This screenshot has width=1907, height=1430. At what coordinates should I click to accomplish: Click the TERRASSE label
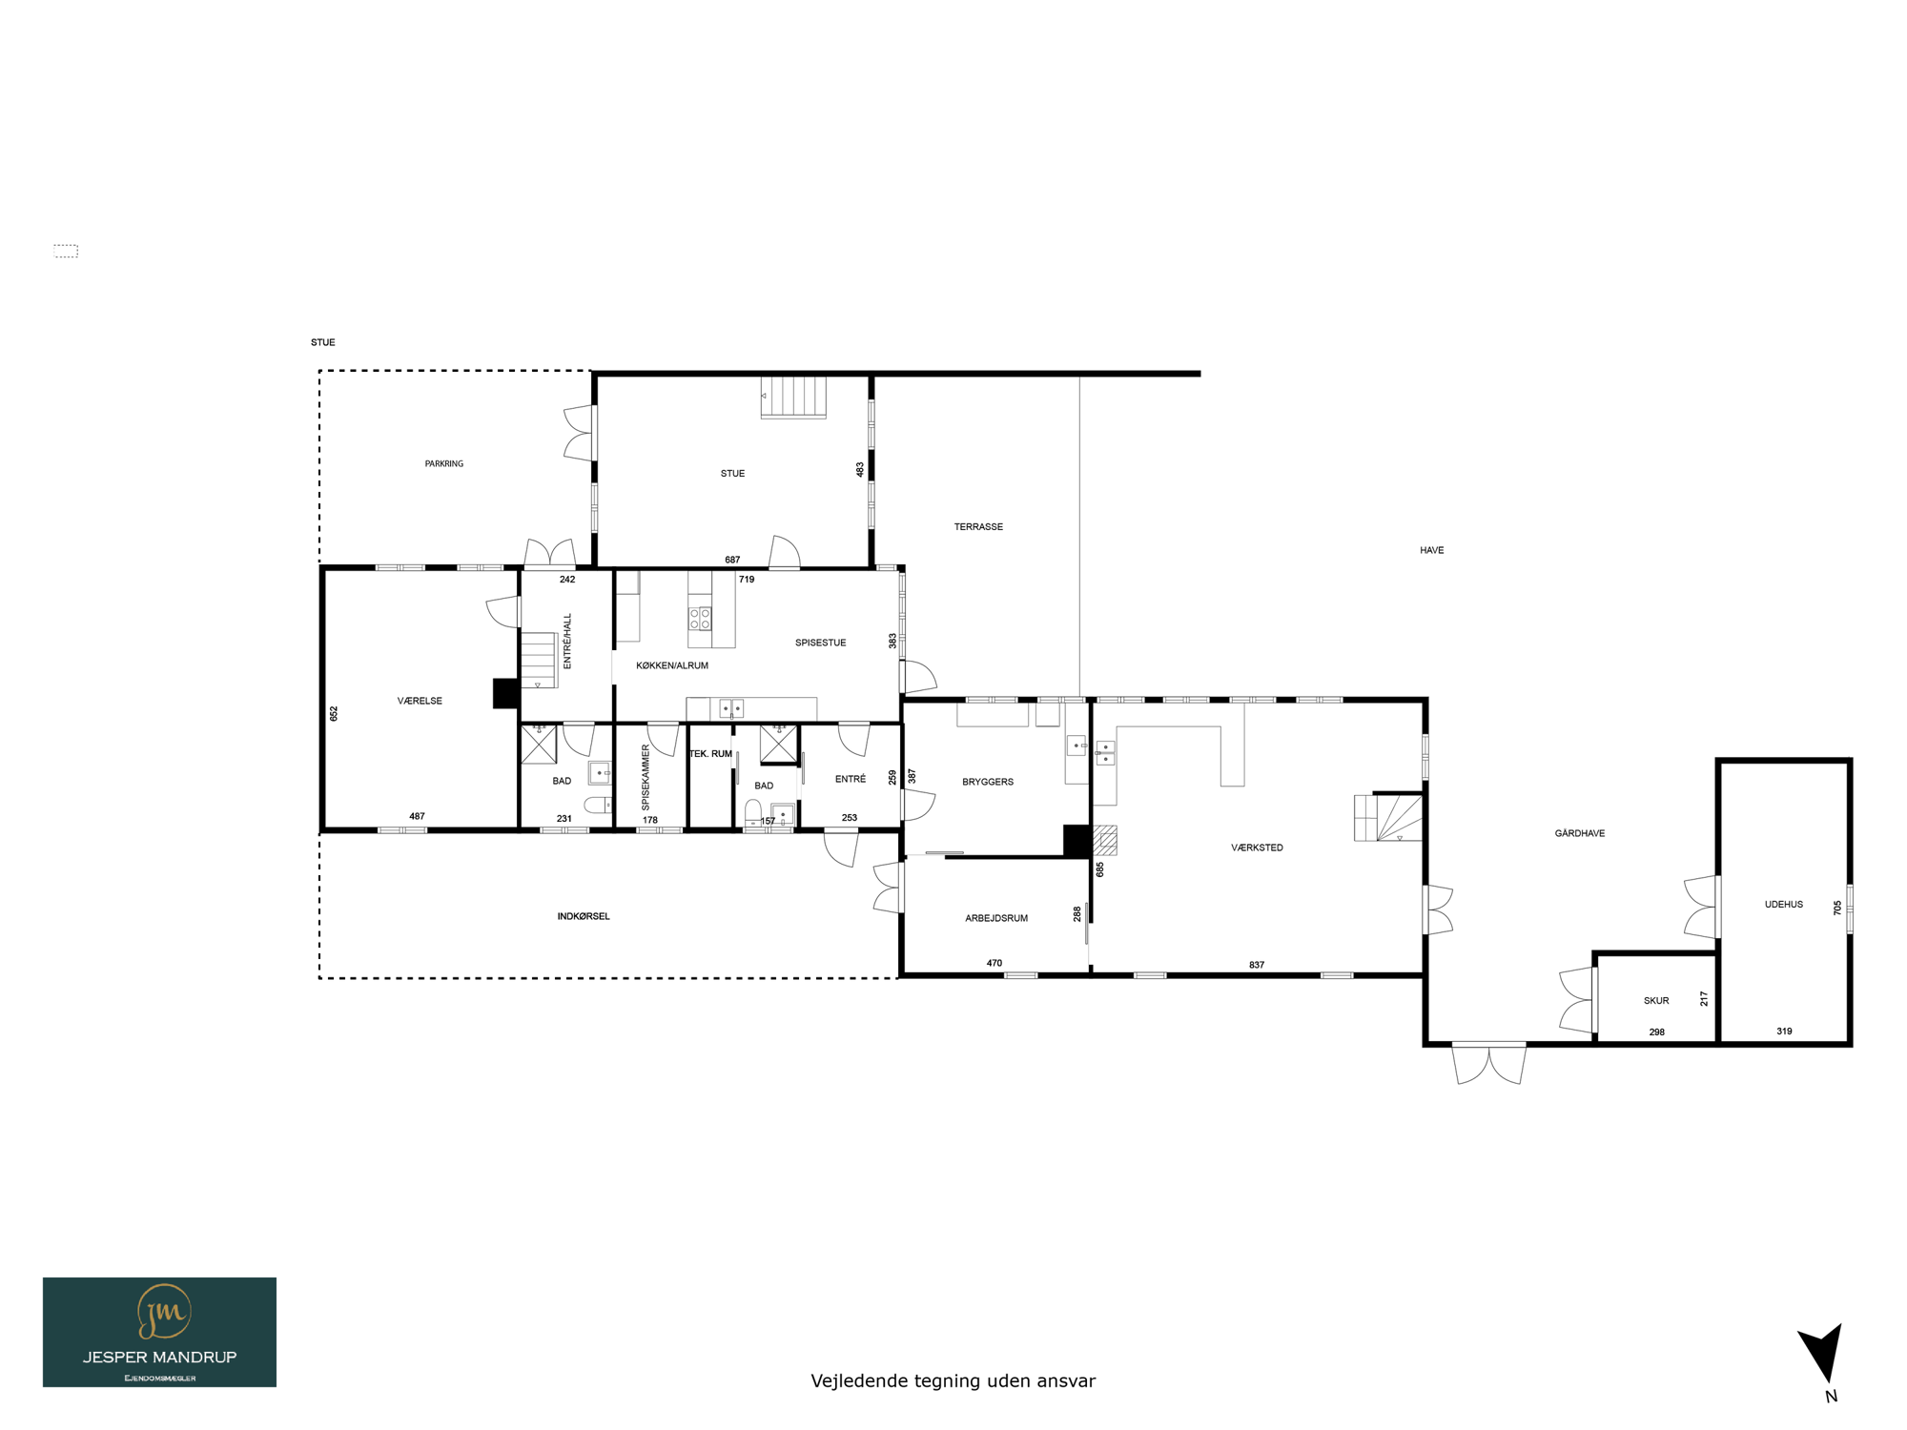pyautogui.click(x=978, y=527)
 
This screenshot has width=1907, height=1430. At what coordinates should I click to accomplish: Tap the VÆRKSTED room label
pyautogui.click(x=1257, y=848)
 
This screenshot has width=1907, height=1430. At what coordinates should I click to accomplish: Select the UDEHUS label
pyautogui.click(x=1783, y=905)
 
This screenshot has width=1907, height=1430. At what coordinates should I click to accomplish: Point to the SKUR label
pyautogui.click(x=1656, y=1001)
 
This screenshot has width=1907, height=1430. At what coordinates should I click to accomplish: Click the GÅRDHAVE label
pyautogui.click(x=1580, y=833)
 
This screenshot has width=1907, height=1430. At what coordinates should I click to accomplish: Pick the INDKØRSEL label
pyautogui.click(x=584, y=917)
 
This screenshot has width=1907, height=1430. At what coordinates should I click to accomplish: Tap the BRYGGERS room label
pyautogui.click(x=988, y=782)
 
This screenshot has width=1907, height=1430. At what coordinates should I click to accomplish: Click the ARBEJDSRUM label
pyautogui.click(x=996, y=919)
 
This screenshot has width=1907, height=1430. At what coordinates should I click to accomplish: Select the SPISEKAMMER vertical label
pyautogui.click(x=646, y=778)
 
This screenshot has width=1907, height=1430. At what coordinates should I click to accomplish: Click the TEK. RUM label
pyautogui.click(x=710, y=754)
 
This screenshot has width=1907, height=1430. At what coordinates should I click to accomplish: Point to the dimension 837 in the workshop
pyautogui.click(x=1257, y=966)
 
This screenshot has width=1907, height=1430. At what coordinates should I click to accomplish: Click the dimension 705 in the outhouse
pyautogui.click(x=1837, y=909)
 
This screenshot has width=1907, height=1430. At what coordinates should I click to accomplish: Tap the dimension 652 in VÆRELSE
pyautogui.click(x=334, y=713)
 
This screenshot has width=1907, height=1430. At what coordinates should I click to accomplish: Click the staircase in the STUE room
pyautogui.click(x=793, y=398)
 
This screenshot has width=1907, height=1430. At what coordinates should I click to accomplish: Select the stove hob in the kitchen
pyautogui.click(x=700, y=618)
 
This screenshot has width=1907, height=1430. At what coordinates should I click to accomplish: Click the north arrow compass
pyautogui.click(x=1823, y=1354)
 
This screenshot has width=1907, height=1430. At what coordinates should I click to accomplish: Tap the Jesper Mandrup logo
pyautogui.click(x=159, y=1332)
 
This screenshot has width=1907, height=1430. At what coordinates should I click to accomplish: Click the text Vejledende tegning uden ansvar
pyautogui.click(x=953, y=1381)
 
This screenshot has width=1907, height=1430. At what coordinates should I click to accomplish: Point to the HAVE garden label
pyautogui.click(x=1431, y=551)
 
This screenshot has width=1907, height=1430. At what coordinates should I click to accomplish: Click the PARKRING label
pyautogui.click(x=443, y=464)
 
